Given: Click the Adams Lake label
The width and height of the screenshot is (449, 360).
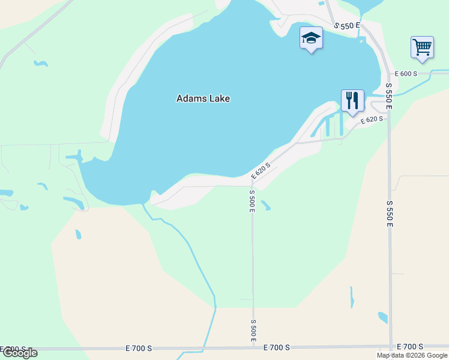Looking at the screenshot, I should [x=203, y=98].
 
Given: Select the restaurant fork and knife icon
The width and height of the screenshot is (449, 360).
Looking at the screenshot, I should [x=352, y=101].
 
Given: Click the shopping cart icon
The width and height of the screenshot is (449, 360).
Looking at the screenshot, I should [x=422, y=47].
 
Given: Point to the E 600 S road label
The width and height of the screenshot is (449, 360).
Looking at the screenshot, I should [x=406, y=74].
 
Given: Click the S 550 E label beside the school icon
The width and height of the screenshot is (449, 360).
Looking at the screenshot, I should [x=346, y=26].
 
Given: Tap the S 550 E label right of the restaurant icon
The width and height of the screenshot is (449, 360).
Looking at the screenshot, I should [x=388, y=95].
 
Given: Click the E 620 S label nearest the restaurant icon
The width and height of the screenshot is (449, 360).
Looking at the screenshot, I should [x=372, y=120].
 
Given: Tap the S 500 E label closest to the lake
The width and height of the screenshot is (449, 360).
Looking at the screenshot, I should [x=252, y=200].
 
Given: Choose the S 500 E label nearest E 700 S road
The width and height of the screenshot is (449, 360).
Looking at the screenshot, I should [x=253, y=331].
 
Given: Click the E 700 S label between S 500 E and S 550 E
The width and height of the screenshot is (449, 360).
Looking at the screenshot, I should [x=276, y=347].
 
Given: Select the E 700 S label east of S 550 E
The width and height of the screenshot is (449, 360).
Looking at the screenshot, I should [x=410, y=347].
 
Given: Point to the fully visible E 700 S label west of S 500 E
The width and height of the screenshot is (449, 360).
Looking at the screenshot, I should [x=140, y=348].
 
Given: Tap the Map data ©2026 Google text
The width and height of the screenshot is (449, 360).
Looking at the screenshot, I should [x=412, y=355].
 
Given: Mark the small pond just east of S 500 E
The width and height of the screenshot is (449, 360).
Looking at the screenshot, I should [x=266, y=206].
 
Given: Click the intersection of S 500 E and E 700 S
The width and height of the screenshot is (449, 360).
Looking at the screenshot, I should [x=253, y=347].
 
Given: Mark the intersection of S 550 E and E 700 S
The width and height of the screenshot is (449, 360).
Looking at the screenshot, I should [x=391, y=347].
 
